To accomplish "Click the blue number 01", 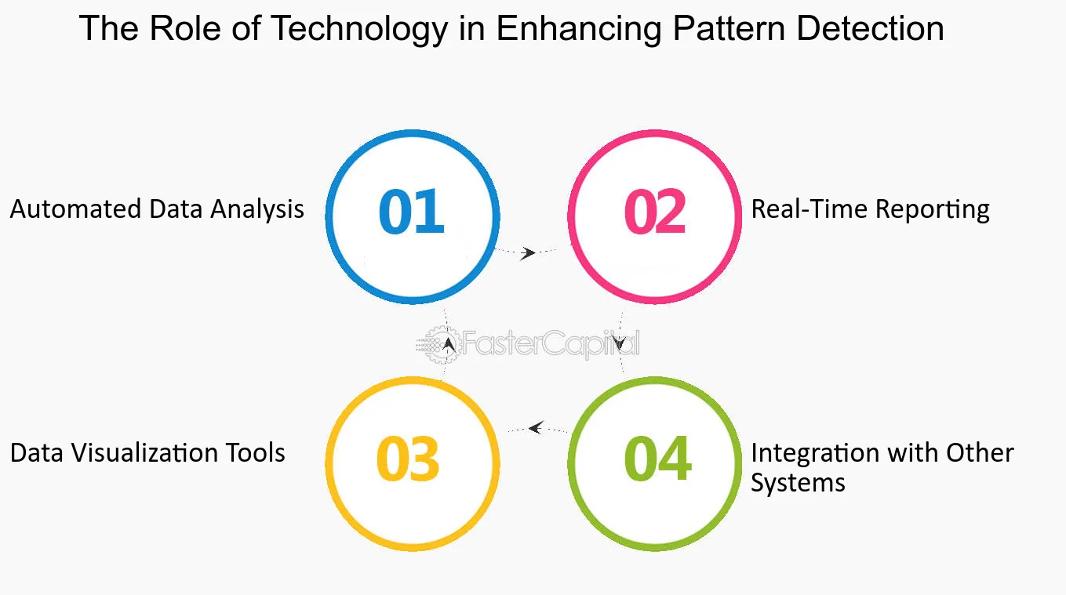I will (x=411, y=212).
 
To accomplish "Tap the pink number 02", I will (x=655, y=212).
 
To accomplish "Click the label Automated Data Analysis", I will (x=157, y=209).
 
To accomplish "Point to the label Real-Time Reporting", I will (x=870, y=209).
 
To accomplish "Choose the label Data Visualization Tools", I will (x=147, y=453).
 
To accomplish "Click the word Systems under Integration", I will (x=798, y=483).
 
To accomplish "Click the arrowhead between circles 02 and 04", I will (x=619, y=343).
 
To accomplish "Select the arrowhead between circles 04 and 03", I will (x=536, y=427).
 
